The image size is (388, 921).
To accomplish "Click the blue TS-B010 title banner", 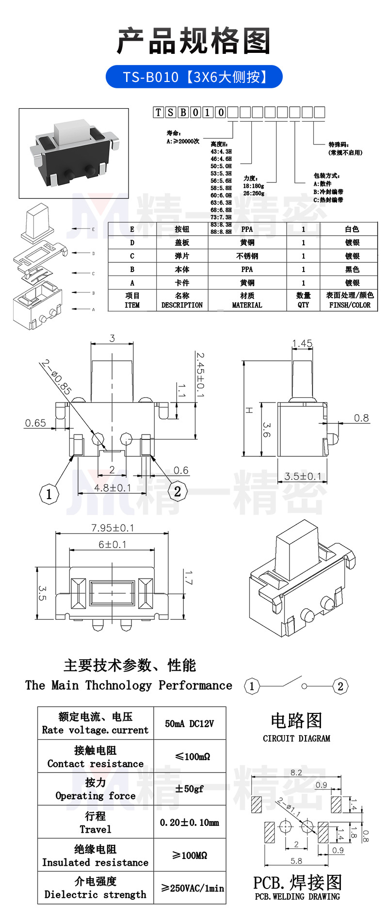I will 194,77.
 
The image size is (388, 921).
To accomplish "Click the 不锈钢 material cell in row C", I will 247,256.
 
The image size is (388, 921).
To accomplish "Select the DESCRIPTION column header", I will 182,305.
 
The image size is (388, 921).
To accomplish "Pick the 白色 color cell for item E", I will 352,229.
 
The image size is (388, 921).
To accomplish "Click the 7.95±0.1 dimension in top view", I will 113,528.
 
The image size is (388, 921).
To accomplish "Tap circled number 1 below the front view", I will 48,494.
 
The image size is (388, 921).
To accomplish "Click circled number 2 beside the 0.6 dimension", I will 177,491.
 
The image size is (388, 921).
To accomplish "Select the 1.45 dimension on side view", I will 302,343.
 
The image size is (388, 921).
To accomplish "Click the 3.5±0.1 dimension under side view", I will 303,476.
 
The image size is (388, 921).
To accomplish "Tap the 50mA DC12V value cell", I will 189,724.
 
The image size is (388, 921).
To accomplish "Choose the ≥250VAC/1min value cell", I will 193,888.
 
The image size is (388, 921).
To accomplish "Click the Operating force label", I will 95,795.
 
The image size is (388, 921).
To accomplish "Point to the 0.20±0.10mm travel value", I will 189,823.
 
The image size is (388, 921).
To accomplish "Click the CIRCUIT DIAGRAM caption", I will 296,739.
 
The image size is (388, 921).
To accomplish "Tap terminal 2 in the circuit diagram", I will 340,686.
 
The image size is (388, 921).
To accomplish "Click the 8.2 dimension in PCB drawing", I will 296,773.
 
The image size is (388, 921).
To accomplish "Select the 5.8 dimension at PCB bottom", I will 296,861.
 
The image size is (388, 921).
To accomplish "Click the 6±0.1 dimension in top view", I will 113,545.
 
